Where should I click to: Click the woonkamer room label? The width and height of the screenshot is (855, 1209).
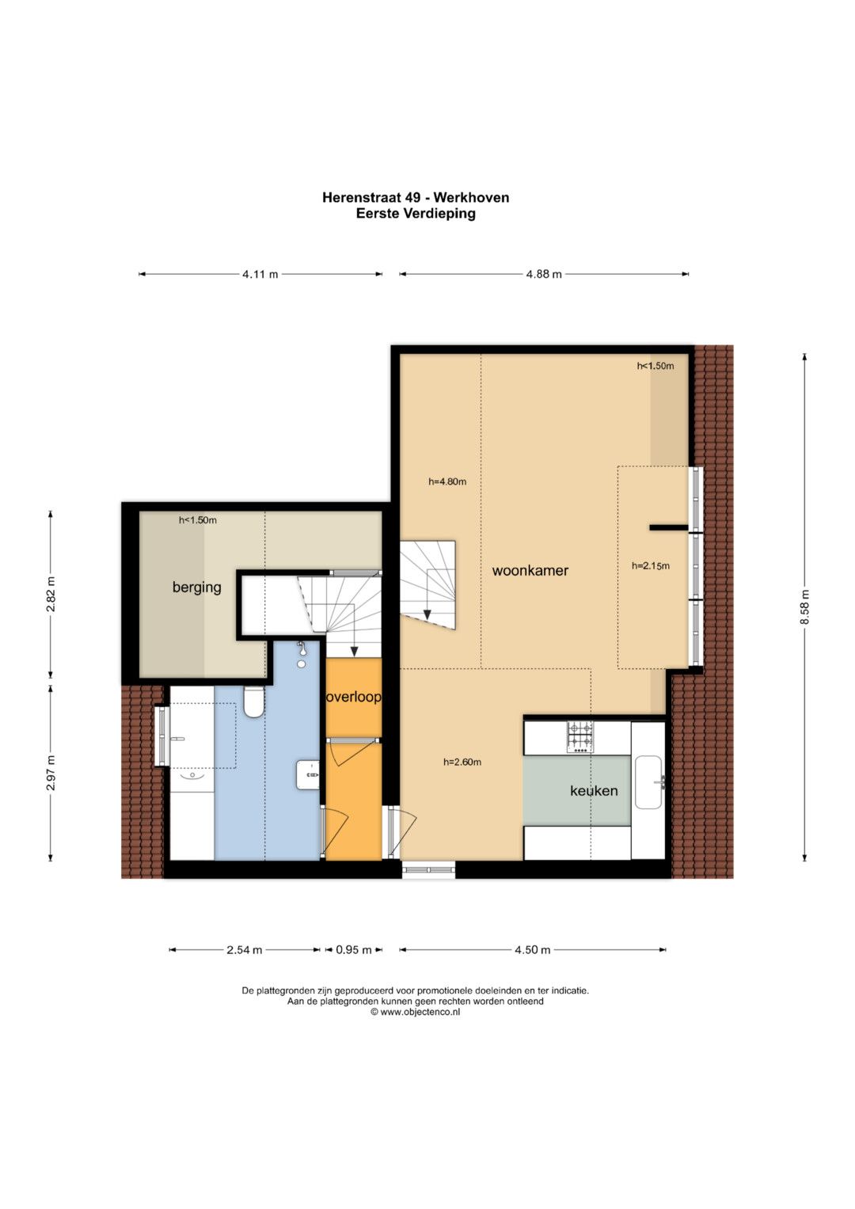(530, 571)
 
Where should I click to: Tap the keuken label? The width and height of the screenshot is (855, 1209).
(594, 791)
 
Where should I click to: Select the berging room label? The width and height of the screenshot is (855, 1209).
(197, 587)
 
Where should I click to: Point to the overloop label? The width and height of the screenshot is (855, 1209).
(354, 697)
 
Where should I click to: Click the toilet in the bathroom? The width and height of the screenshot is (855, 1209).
(253, 701)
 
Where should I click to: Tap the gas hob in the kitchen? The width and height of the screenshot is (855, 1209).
(579, 737)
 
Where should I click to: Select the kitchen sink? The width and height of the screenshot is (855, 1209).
(648, 782)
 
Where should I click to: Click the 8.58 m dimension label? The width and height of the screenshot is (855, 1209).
(805, 606)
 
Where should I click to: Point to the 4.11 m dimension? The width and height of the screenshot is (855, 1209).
(260, 274)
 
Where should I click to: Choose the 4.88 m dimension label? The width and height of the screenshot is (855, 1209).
(544, 274)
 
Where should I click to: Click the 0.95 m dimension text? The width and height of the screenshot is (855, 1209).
(354, 950)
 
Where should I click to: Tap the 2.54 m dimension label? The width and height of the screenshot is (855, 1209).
(245, 950)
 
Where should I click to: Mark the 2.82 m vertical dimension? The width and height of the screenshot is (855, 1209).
(51, 595)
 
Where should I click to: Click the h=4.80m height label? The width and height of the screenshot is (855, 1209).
(447, 481)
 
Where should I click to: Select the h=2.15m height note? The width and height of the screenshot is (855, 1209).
(651, 565)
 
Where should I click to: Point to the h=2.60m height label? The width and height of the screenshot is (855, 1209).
(462, 762)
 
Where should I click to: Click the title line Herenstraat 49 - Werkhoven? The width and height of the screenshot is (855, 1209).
(416, 198)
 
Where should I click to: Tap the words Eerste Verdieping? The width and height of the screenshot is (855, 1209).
(416, 213)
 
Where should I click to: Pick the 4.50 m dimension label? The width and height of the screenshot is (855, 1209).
(532, 950)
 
